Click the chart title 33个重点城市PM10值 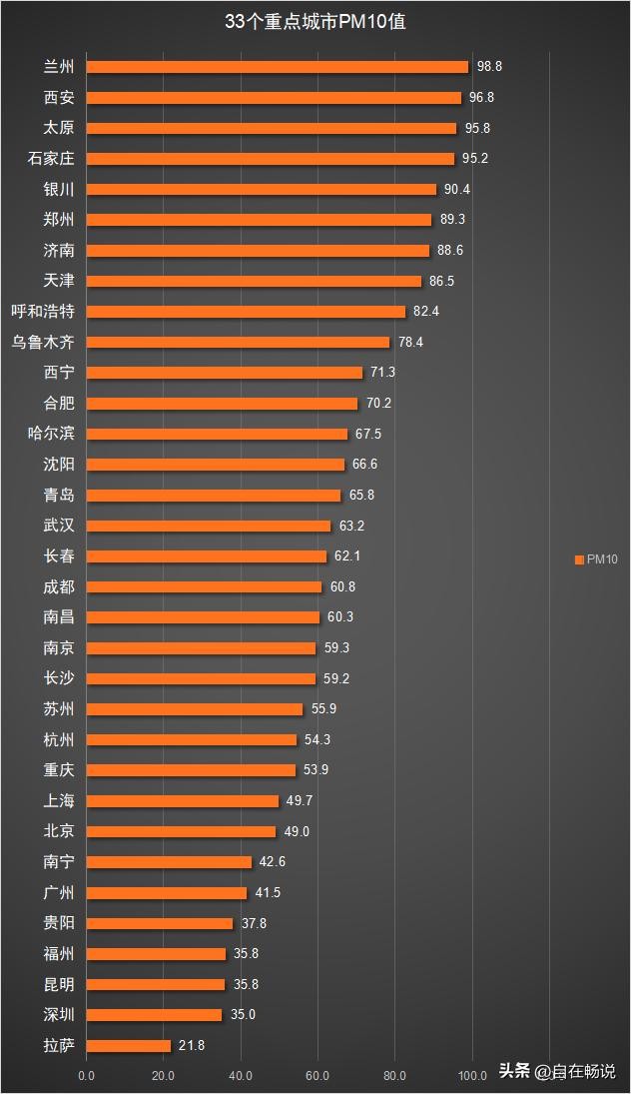coord(315,21)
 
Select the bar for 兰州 coord(277,67)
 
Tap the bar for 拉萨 coord(129,1045)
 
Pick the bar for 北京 coord(181,831)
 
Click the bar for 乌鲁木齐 coord(238,342)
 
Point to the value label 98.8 coord(489,67)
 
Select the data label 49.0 coord(296,831)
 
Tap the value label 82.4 coord(426,312)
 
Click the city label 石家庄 coord(51,159)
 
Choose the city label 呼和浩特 coord(43,312)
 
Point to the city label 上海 coord(59,801)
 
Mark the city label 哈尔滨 coord(51,434)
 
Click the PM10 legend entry coord(596,559)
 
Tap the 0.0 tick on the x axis coord(87,1075)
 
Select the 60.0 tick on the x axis coord(317,1075)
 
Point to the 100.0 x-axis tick coord(471,1075)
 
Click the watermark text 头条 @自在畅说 coord(557,1071)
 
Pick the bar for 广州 coord(167,892)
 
